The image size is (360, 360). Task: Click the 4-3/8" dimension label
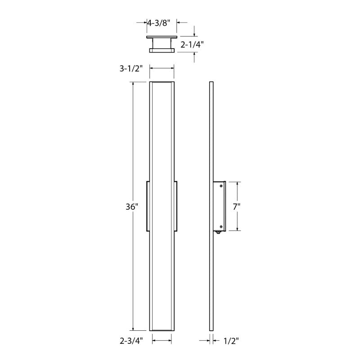coord(159,23)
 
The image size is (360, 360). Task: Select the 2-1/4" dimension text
coord(192,45)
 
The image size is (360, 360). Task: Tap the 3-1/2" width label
coord(131,68)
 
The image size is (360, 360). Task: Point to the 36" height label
coord(132,207)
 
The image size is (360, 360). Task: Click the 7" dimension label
coord(237,207)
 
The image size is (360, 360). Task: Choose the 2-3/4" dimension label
coord(131,341)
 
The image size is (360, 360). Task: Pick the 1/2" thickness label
coord(231,341)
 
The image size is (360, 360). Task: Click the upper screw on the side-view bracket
coord(221,186)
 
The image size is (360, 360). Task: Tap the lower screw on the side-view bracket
coord(221,227)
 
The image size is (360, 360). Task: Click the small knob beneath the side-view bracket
coord(218,232)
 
